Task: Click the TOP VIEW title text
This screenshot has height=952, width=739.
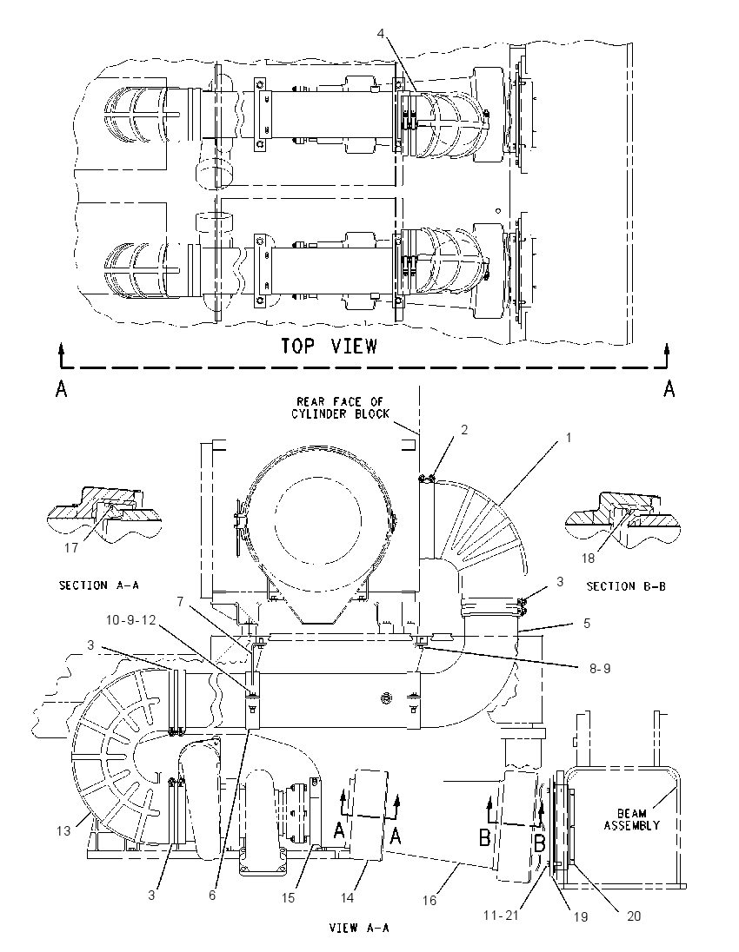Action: (329, 346)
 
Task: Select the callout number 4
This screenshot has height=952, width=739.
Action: (381, 34)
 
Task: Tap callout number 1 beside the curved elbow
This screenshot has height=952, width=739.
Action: (569, 437)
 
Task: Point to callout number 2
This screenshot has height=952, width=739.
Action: (464, 430)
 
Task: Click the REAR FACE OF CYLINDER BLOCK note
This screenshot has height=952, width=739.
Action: (340, 407)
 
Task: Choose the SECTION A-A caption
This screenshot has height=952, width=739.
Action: (99, 585)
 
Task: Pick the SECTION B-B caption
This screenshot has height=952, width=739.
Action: (626, 586)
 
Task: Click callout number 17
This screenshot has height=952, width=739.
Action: (71, 547)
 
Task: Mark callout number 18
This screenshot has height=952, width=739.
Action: (588, 558)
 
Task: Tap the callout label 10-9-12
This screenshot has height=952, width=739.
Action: (130, 620)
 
